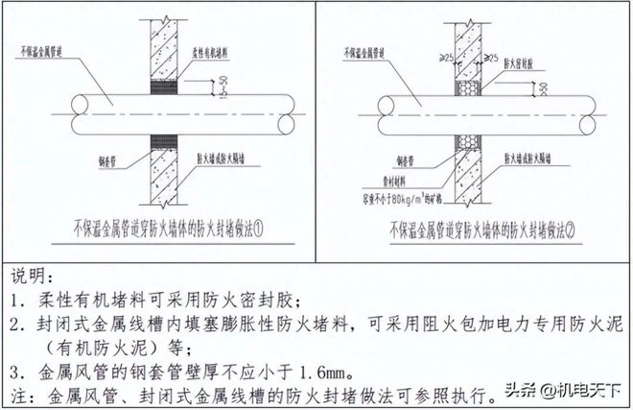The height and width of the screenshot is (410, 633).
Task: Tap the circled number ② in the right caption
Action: coord(572,228)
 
